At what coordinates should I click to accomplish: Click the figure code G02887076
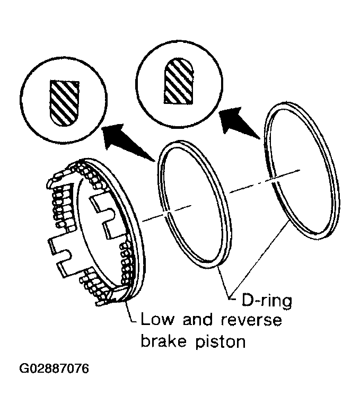click(x=54, y=368)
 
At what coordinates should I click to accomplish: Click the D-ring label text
click(x=267, y=301)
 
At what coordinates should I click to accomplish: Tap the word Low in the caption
click(x=157, y=319)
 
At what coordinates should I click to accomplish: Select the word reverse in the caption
click(x=251, y=320)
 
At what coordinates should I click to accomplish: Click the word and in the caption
click(x=198, y=319)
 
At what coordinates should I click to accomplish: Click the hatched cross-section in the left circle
click(x=64, y=103)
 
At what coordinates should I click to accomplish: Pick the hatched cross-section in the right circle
click(x=179, y=81)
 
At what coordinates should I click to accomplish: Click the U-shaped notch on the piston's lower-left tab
click(x=64, y=257)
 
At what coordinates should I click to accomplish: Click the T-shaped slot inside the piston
click(x=103, y=215)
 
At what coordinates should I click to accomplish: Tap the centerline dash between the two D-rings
click(x=265, y=181)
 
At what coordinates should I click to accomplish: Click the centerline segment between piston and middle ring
click(x=166, y=213)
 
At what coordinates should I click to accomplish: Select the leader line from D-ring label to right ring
click(x=259, y=261)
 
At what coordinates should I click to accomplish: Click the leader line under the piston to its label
click(x=131, y=313)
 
